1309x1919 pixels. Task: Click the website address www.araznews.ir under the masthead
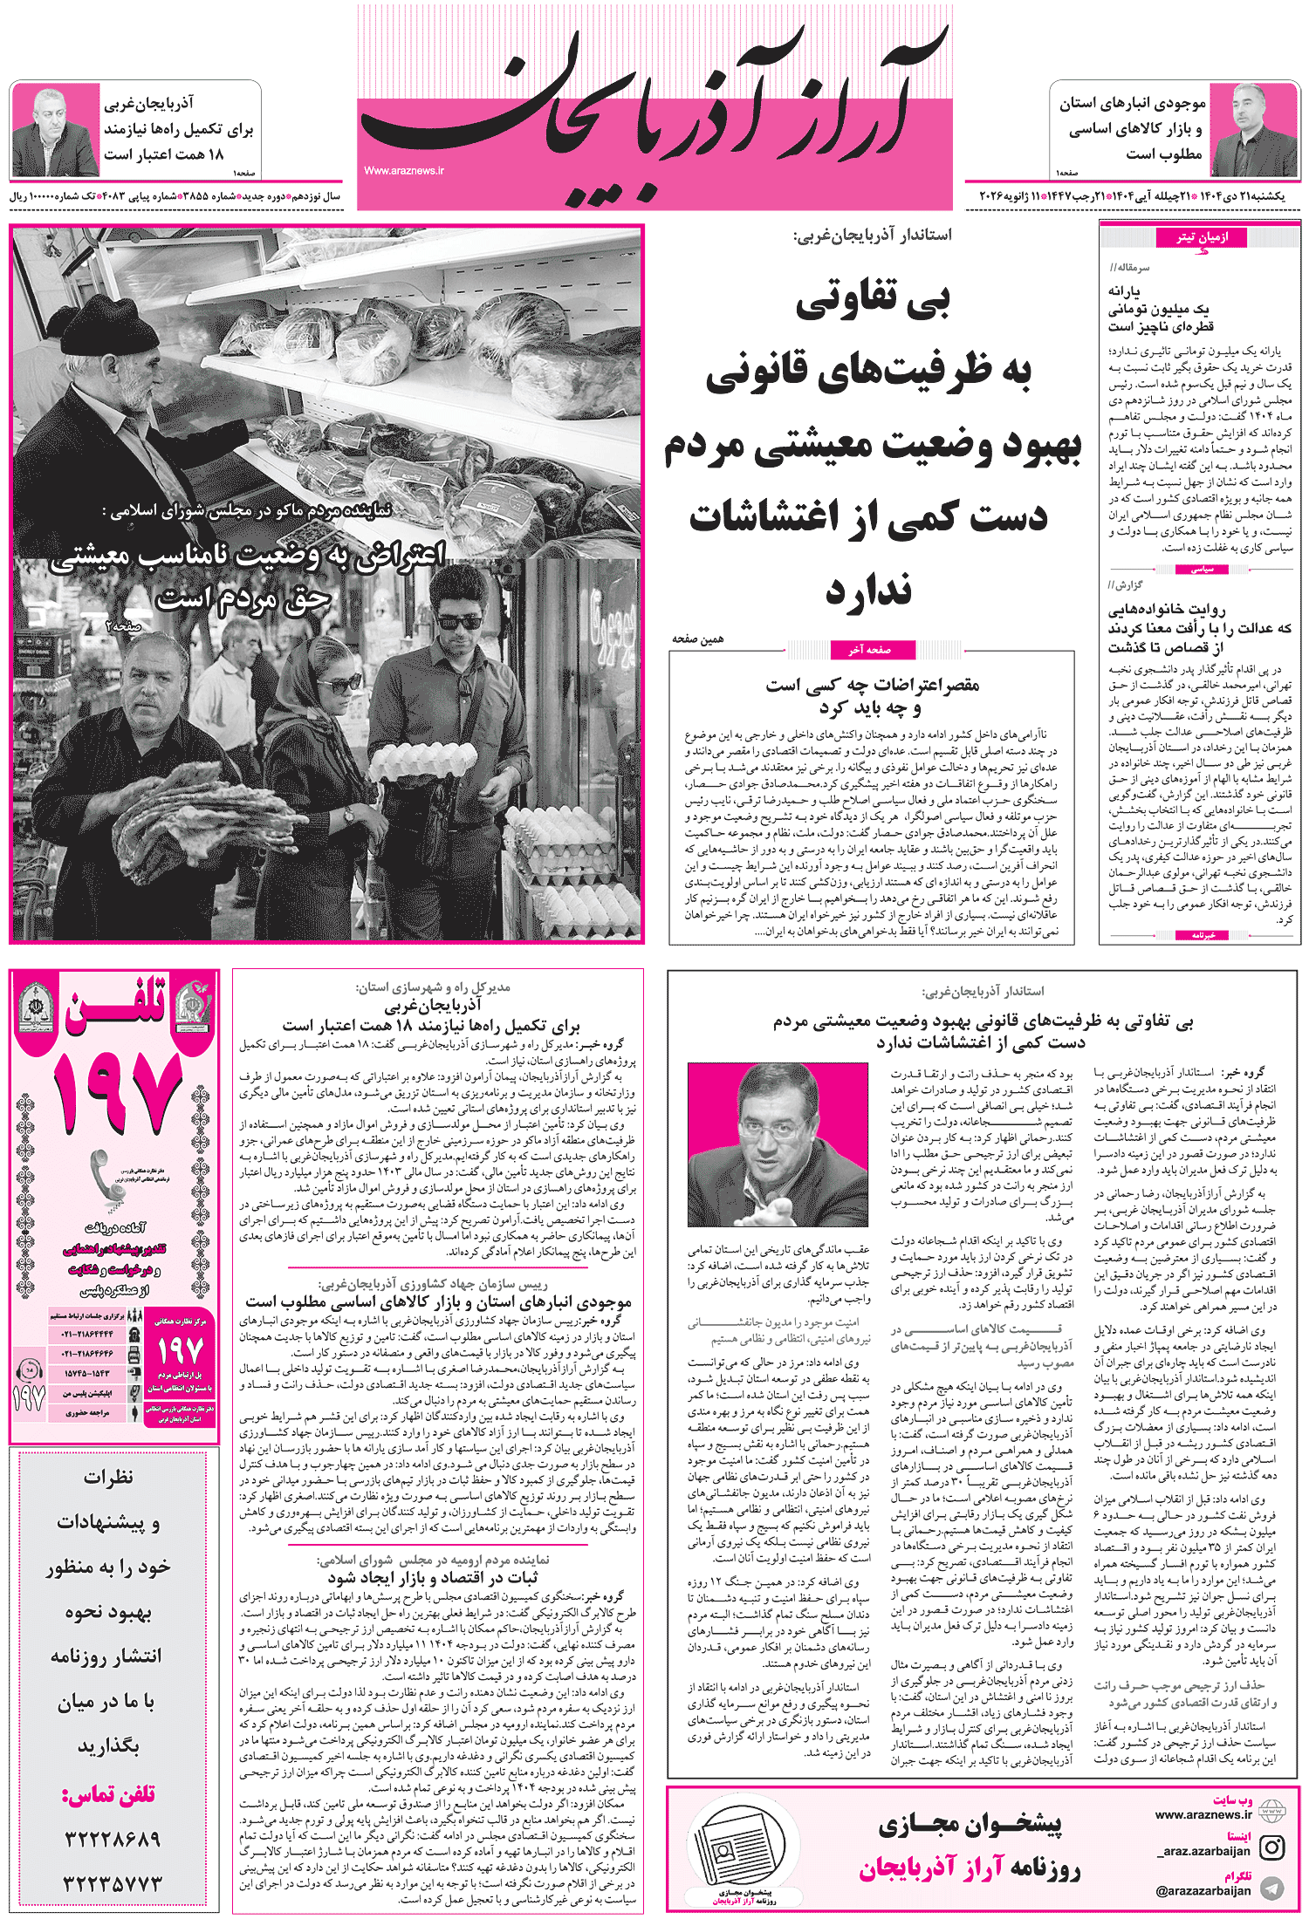pyautogui.click(x=404, y=171)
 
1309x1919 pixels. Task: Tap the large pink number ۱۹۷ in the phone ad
pyautogui.click(x=116, y=1091)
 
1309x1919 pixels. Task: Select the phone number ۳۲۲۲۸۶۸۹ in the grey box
pyautogui.click(x=112, y=1839)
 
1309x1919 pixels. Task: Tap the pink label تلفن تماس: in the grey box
pyautogui.click(x=108, y=1793)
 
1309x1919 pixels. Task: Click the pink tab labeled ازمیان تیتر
pyautogui.click(x=1202, y=237)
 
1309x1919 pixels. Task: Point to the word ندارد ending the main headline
pyautogui.click(x=869, y=591)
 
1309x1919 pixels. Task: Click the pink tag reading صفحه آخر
pyautogui.click(x=870, y=649)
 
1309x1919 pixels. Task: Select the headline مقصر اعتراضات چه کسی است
pyautogui.click(x=873, y=685)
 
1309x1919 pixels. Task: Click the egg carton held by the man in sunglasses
pyautogui.click(x=423, y=762)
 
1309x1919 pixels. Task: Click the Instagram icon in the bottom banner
pyautogui.click(x=1272, y=1847)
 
